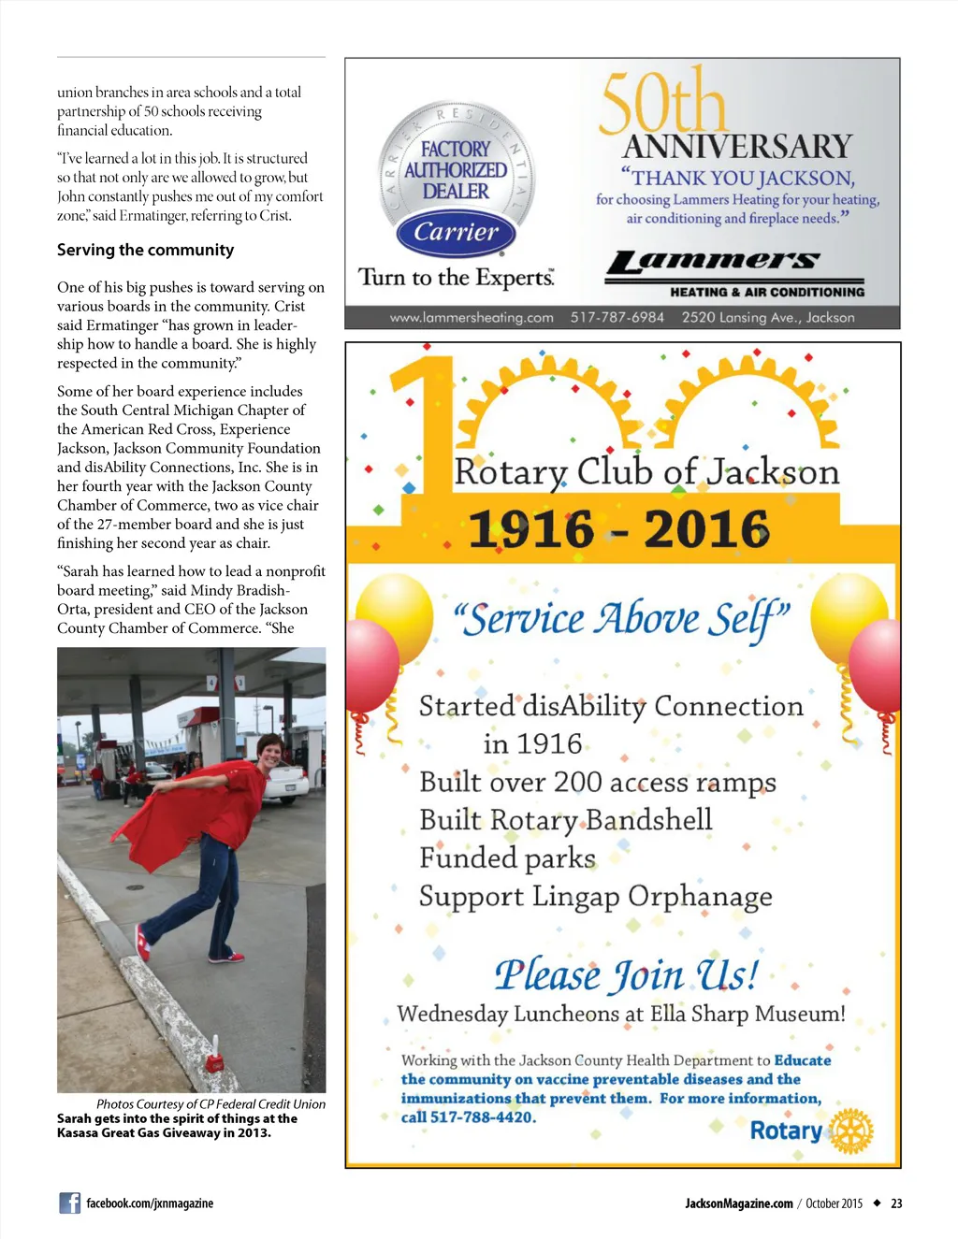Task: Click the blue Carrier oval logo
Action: [x=456, y=232]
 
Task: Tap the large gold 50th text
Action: [x=661, y=101]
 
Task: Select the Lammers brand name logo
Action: [x=713, y=262]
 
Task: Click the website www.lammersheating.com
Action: [x=472, y=318]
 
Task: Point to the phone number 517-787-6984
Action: [x=617, y=318]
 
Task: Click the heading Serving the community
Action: [x=145, y=250]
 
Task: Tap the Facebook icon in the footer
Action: [x=69, y=1203]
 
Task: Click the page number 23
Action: [x=896, y=1203]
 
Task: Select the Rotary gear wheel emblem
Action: [x=850, y=1131]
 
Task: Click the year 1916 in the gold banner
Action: [x=530, y=529]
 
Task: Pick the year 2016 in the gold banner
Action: [x=706, y=529]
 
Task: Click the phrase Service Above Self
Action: [x=622, y=619]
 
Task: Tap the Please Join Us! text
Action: [x=626, y=975]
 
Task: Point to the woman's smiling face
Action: [x=270, y=751]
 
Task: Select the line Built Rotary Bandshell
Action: [x=565, y=820]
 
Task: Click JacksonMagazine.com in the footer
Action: [x=738, y=1203]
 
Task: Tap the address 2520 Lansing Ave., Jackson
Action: [x=767, y=318]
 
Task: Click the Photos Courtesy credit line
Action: [x=210, y=1104]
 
